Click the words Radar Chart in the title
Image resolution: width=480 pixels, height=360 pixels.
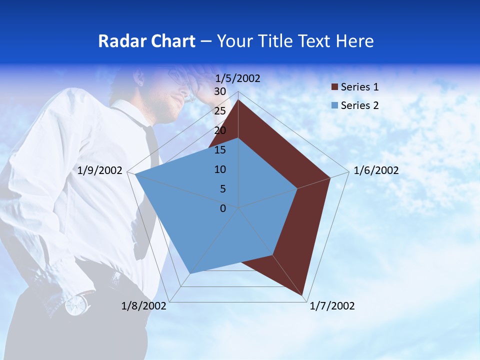click(x=146, y=41)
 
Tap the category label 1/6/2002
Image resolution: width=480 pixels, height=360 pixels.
click(x=376, y=170)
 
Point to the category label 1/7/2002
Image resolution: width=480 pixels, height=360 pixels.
click(x=332, y=306)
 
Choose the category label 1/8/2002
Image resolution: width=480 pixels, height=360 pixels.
click(x=144, y=306)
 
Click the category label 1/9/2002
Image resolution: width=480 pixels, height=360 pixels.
click(x=100, y=170)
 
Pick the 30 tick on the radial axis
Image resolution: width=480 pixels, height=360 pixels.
click(x=220, y=91)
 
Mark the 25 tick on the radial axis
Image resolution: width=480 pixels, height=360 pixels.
click(x=220, y=111)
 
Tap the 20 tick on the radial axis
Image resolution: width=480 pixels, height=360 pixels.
click(x=220, y=130)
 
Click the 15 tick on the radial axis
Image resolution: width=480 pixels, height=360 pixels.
click(x=220, y=150)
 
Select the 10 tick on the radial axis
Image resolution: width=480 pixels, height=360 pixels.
click(x=220, y=169)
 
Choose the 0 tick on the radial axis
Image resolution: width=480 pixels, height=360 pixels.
click(x=223, y=208)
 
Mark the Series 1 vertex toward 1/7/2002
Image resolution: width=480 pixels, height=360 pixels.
click(x=303, y=295)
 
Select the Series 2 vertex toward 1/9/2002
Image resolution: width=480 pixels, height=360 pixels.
click(x=135, y=174)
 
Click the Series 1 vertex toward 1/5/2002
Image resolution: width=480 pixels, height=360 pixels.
click(x=238, y=100)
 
